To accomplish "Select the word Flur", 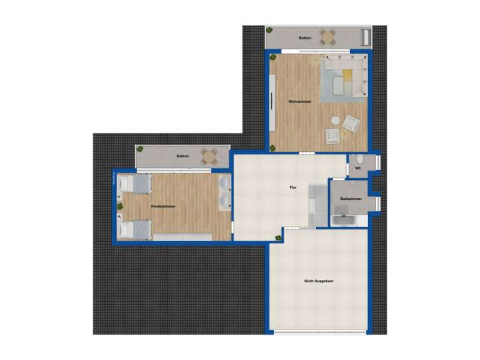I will point(293,187).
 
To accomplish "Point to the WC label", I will point(358,168).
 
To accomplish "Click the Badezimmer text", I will point(351,199).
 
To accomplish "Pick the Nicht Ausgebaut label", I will point(318,281).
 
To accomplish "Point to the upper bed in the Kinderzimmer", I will point(136,183).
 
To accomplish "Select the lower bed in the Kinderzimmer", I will point(136,230).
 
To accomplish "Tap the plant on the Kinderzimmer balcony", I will point(140,150).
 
